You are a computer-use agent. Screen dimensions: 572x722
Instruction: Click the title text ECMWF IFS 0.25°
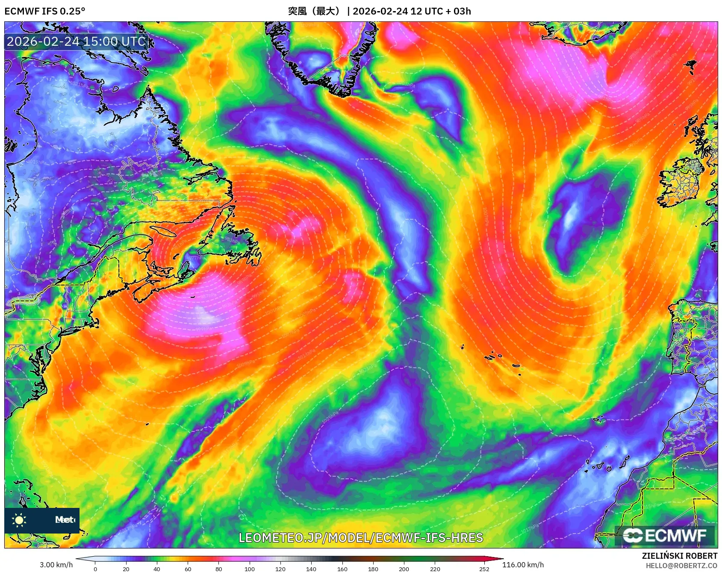coord(45,11)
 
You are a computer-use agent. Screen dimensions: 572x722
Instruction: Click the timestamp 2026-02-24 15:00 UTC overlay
coord(76,41)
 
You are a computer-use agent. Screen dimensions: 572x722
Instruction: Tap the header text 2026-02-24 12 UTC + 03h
coord(412,11)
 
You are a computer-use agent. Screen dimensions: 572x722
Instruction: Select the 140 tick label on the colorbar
coord(311,569)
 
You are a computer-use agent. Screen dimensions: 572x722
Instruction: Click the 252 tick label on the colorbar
coord(484,569)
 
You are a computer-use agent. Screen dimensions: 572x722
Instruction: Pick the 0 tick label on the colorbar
coord(95,569)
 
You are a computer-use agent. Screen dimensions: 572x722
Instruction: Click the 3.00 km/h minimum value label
coord(56,565)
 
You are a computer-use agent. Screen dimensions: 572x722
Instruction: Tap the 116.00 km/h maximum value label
coord(523,565)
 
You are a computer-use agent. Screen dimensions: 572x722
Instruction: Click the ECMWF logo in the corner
coord(665,535)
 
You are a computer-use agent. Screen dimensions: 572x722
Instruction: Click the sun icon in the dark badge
coord(19,520)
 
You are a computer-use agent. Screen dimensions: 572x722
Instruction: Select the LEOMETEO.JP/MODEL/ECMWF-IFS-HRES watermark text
coord(361,537)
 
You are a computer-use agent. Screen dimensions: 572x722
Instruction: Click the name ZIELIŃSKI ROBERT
coord(679,556)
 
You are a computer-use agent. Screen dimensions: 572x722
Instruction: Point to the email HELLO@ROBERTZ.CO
coord(681,566)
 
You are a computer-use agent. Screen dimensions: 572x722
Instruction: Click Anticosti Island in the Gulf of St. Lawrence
coord(164,231)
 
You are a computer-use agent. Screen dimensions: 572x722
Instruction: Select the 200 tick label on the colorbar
coord(404,569)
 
